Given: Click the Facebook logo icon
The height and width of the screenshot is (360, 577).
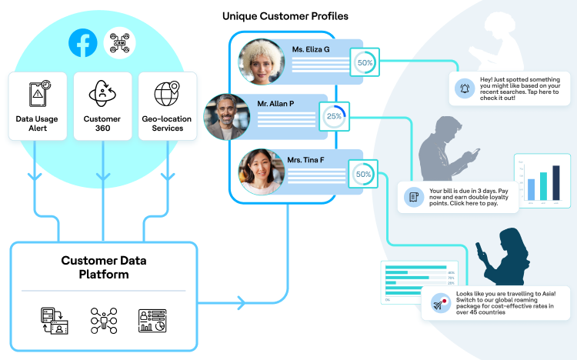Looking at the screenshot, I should pos(82,43).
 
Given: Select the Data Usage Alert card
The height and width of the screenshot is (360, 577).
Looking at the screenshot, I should pos(37,106).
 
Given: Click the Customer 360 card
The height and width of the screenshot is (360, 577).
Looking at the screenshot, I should pos(102,106).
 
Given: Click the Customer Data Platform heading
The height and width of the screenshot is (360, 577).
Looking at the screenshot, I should pos(104,267).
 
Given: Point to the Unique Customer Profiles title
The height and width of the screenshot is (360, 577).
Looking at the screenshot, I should pos(285,15).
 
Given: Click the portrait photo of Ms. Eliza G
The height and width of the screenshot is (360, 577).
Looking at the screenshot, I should pos(262,62).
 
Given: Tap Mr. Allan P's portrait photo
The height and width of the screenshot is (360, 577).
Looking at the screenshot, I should pos(227,117).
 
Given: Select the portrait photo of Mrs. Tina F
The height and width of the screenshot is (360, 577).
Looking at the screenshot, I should pos(262,172).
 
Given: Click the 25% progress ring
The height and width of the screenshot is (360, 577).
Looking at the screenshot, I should pos(334,118).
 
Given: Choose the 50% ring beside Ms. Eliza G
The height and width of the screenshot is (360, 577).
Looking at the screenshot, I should pos(365,62).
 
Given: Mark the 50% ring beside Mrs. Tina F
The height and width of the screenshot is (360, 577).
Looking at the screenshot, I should pos(363,175).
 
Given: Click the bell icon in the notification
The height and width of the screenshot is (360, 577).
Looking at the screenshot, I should pos(464,88).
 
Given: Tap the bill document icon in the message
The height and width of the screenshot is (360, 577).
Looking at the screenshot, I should pos(414,197).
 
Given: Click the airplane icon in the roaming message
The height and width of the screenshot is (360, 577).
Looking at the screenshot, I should pos(439,303).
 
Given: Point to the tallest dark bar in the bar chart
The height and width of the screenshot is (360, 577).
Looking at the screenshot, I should pos(556,183).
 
